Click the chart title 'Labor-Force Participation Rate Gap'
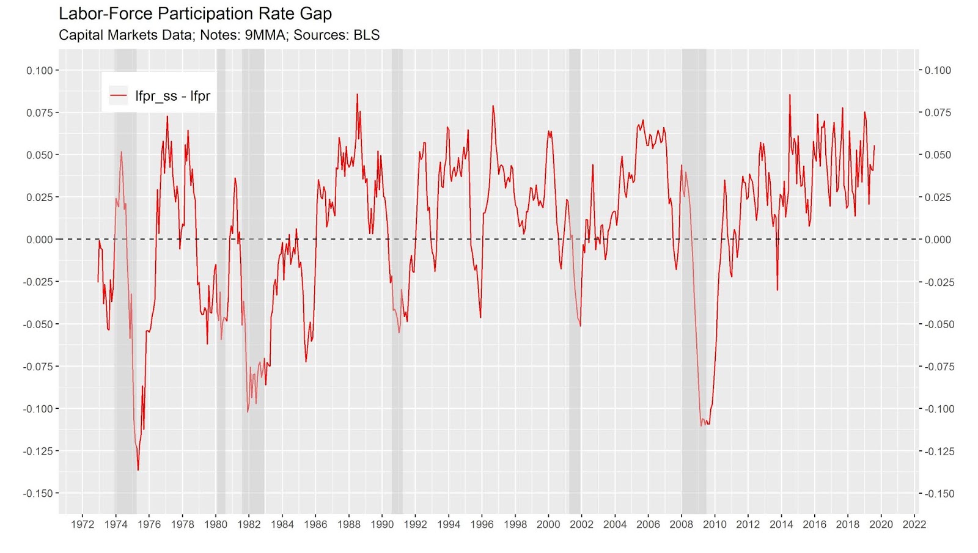coord(195,13)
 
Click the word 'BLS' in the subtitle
coord(366,35)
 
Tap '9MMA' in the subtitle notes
coord(265,35)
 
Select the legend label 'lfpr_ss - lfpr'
coord(172,96)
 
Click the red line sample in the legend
coord(118,96)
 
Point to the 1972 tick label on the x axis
coord(83,524)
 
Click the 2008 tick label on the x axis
coord(681,524)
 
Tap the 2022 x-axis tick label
coord(914,524)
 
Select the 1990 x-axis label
coord(382,524)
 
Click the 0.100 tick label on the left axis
coord(39,70)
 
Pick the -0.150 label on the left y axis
coord(38,493)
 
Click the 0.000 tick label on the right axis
coord(938,240)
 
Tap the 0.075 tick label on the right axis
coord(938,112)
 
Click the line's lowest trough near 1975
coord(138,470)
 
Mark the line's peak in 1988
coord(358,94)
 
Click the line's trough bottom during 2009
coord(702,425)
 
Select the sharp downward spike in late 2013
coord(778,290)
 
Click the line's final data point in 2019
coord(874,145)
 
